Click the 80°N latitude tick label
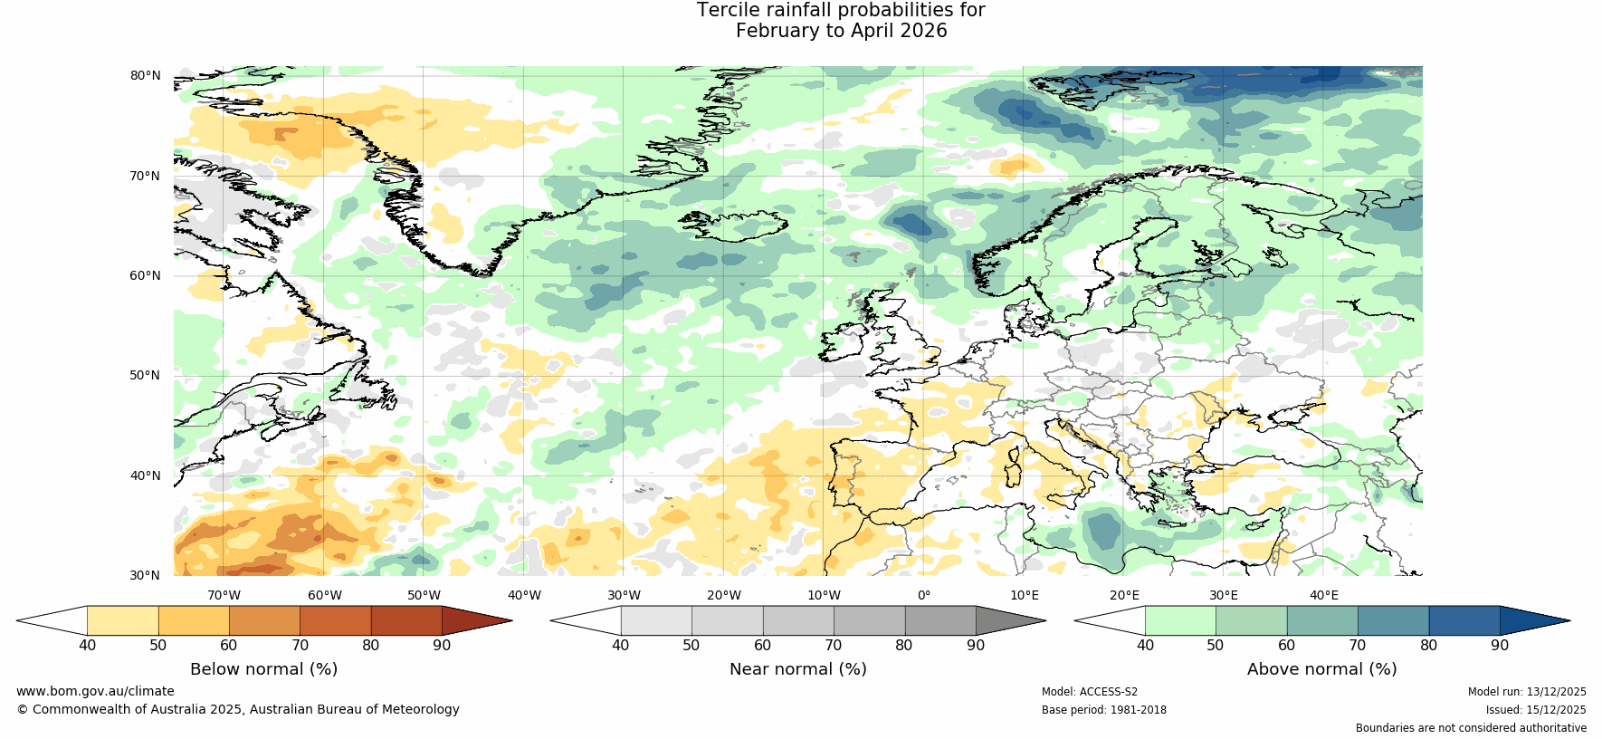[145, 75]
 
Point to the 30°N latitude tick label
[145, 575]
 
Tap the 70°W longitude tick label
[224, 595]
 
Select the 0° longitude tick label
[924, 595]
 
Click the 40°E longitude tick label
[1324, 595]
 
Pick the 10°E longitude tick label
[1025, 595]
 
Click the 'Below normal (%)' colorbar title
[263, 669]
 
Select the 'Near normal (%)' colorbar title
[797, 669]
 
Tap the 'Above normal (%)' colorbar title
[1321, 669]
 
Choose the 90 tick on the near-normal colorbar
[976, 645]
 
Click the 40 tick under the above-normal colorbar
[1145, 645]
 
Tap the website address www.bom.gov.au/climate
[95, 691]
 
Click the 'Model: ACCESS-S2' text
[1090, 692]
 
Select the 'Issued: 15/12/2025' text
[1536, 710]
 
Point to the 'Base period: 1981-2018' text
[1104, 710]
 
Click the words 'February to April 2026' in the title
[841, 31]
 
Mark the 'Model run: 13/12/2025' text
[1527, 692]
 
